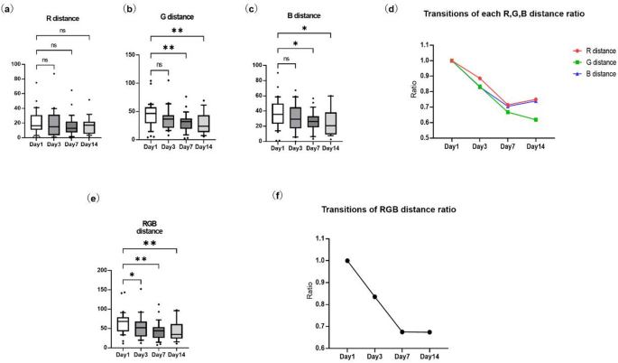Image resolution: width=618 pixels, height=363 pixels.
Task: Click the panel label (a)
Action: coord(12,10)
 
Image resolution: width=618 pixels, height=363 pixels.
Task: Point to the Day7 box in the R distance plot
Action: coord(71,126)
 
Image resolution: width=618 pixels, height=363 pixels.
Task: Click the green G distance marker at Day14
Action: coord(536,120)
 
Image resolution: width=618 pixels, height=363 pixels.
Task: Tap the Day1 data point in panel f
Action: coord(347,261)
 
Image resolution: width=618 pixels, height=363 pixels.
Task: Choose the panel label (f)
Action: coord(278,195)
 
